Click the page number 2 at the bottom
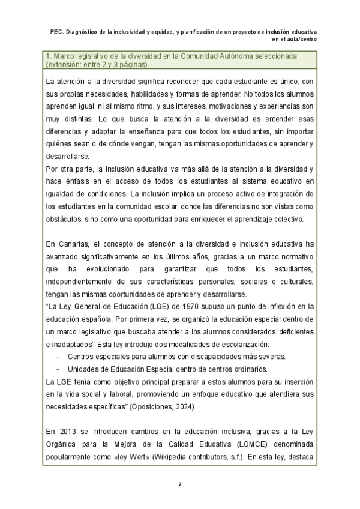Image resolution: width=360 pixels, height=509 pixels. tap(180, 484)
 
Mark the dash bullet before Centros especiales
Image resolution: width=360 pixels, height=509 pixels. tap(58, 356)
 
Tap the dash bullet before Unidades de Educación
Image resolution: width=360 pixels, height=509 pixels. tap(58, 369)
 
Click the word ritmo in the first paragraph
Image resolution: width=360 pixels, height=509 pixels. tap(139, 106)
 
